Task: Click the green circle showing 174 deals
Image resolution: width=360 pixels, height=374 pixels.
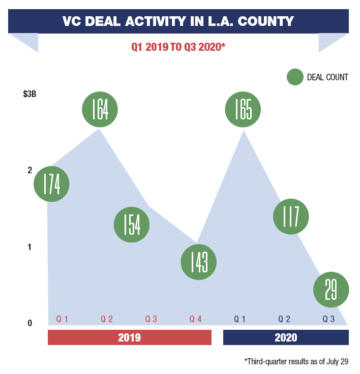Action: tap(51, 184)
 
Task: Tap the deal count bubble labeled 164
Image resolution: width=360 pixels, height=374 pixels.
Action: tap(100, 109)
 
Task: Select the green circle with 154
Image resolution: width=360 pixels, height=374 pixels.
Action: tap(132, 225)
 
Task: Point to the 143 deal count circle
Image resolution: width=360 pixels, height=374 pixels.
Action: tap(198, 262)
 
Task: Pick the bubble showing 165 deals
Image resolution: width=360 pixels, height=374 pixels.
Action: tap(243, 109)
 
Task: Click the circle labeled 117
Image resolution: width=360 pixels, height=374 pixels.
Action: tap(291, 216)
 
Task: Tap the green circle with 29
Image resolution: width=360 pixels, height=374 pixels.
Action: tap(331, 290)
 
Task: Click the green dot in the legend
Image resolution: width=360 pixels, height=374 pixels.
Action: tap(295, 77)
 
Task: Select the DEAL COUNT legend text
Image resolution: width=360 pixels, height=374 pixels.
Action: tap(327, 77)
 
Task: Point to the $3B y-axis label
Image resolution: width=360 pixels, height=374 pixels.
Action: tap(29, 94)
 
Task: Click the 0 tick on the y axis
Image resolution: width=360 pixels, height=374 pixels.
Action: tap(29, 323)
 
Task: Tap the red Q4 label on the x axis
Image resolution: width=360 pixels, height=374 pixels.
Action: tap(196, 319)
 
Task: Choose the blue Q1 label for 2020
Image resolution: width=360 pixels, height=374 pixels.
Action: tap(240, 319)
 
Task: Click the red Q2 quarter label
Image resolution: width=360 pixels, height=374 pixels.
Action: tap(107, 319)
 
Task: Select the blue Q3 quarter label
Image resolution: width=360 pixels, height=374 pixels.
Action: tap(328, 319)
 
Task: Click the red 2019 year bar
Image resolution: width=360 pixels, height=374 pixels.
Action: tap(129, 337)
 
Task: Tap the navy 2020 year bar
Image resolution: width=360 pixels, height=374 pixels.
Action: tap(286, 337)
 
